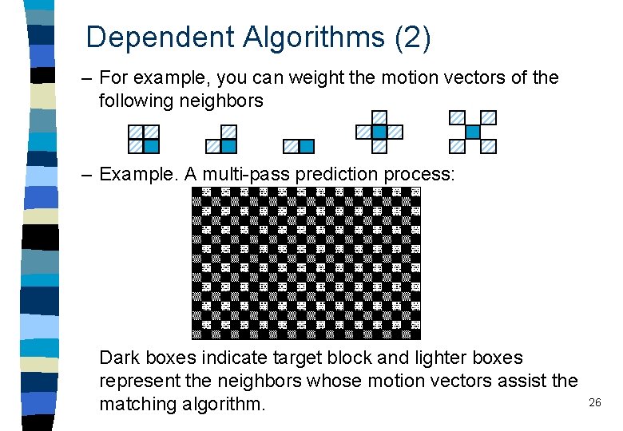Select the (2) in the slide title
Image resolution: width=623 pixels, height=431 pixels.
413,38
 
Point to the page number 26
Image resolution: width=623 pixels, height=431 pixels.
594,403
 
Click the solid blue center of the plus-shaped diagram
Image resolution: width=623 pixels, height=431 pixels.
379,132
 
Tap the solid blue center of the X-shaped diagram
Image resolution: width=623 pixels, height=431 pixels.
473,132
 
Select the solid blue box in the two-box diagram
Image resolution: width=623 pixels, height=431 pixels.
307,146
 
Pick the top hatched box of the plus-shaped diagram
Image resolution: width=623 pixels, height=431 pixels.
379,117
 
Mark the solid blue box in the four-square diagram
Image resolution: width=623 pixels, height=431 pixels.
151,146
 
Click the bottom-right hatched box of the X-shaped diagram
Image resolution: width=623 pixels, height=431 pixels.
488,146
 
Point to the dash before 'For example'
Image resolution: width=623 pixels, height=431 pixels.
86,78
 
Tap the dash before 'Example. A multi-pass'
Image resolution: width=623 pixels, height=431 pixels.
86,173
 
